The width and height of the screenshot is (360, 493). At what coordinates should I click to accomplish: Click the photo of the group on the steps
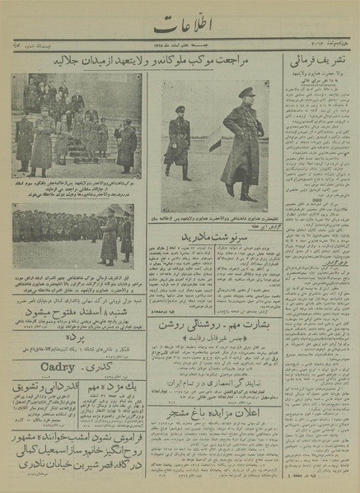[75, 123]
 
